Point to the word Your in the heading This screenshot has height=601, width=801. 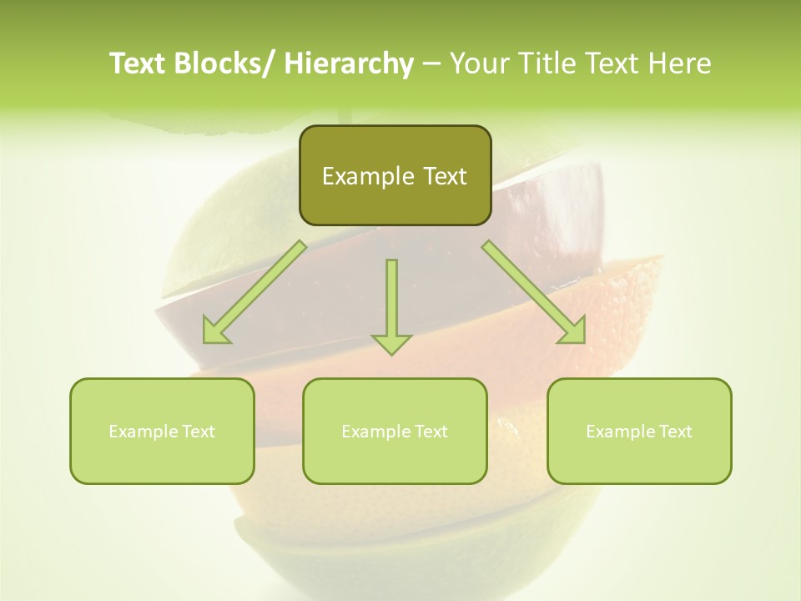pos(480,63)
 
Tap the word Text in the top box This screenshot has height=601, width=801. pos(444,177)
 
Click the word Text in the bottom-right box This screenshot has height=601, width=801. pos(674,432)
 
